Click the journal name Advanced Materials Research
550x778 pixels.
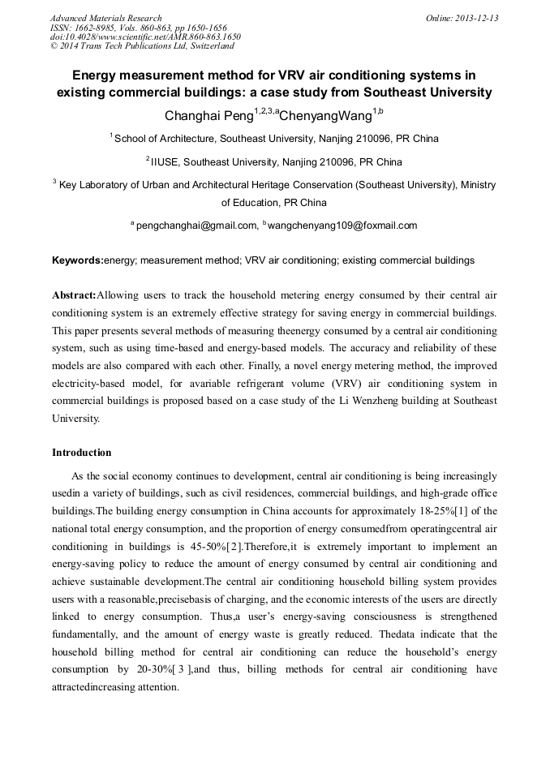(105, 18)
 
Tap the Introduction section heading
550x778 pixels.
(82, 452)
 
